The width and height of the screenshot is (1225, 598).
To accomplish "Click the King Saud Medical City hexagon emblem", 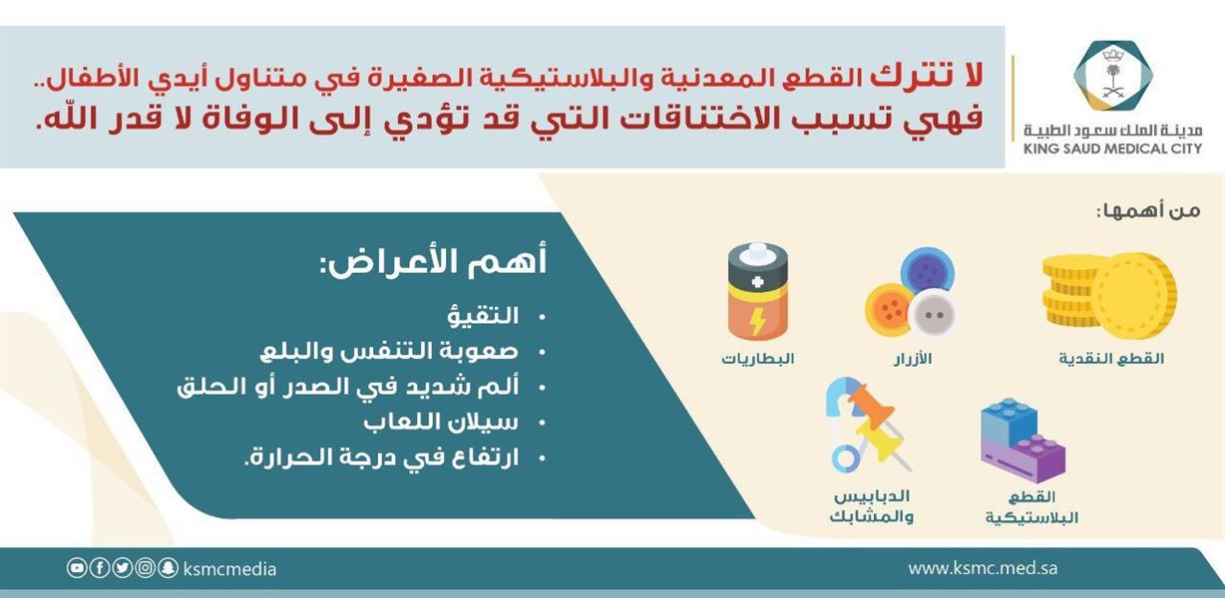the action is [x=1113, y=76].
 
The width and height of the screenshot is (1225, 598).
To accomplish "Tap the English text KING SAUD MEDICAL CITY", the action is [x=1112, y=149].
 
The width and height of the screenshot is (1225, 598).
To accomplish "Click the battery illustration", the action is [x=758, y=291].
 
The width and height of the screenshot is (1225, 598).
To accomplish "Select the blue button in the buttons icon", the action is [x=928, y=272].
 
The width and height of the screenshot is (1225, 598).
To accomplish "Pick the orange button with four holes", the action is [x=890, y=309].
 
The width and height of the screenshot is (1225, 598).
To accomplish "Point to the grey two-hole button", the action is [x=934, y=315].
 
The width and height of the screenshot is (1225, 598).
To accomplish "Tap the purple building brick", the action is [x=1023, y=458].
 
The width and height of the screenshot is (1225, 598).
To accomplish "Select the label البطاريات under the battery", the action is [x=758, y=359].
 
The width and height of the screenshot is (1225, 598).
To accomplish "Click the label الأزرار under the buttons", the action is [x=913, y=359].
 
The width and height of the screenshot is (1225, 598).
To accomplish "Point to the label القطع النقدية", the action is [x=1111, y=359].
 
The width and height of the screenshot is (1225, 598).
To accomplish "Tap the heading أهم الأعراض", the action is [x=434, y=262].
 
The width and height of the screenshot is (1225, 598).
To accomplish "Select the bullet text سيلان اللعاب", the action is [x=441, y=423].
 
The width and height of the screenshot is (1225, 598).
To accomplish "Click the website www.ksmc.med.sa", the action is [x=983, y=568].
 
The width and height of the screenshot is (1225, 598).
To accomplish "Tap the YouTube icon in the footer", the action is [x=77, y=568].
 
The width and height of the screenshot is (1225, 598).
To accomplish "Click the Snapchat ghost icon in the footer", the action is [x=168, y=568].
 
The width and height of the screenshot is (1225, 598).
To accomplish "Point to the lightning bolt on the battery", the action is [x=757, y=321].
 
